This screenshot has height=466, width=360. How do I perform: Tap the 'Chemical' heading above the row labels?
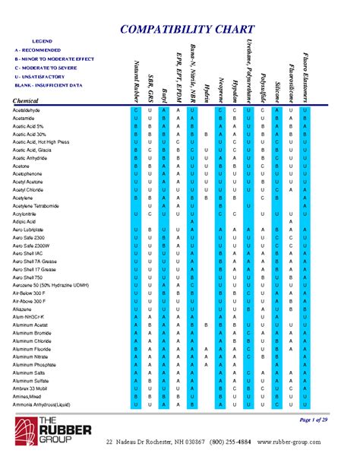pos(28,101)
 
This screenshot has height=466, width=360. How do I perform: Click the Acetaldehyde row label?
pos(27,111)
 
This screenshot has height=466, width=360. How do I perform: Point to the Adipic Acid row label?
pos(25,221)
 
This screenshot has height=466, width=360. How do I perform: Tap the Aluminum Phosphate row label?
pos(36,365)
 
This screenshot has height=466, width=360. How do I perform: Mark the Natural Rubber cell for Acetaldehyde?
pos(135,111)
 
